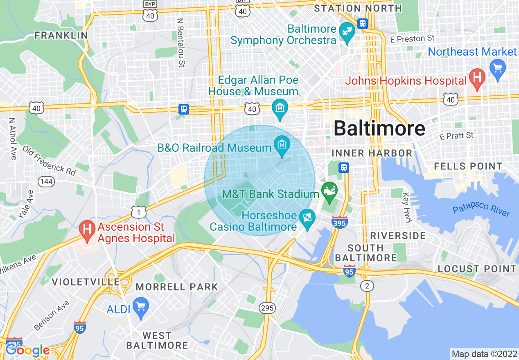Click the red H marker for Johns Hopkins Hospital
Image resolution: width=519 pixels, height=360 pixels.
(477, 76)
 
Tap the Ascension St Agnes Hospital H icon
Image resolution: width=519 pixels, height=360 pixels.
(87, 227)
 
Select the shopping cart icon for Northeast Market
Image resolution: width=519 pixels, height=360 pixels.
(498, 67)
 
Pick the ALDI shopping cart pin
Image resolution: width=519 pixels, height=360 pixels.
(141, 305)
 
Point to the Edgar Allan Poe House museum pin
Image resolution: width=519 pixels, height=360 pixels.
(280, 108)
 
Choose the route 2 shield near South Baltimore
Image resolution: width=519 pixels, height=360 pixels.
(367, 286)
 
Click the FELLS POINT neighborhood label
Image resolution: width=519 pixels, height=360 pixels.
(468, 166)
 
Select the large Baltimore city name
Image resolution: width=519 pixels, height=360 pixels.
(379, 128)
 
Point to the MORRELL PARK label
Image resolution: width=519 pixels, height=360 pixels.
(177, 287)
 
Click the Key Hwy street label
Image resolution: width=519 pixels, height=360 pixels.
(406, 207)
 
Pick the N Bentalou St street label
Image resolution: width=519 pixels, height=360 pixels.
(180, 42)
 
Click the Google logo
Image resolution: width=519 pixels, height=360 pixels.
(27, 350)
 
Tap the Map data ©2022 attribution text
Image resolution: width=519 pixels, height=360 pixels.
(484, 354)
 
